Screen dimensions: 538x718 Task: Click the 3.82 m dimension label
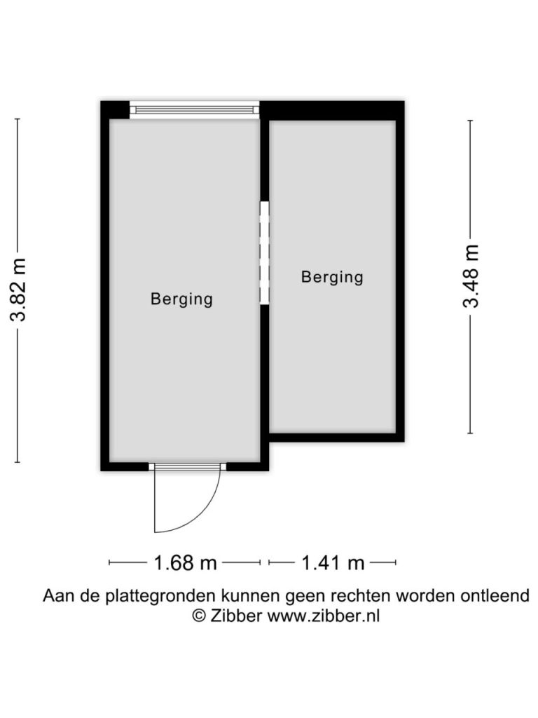pos(19,290)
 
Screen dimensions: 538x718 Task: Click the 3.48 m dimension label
pos(471,276)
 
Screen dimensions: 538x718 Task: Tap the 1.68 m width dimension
pos(185,562)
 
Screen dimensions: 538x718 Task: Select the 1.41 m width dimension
pos(333,562)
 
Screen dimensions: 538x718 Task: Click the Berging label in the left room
pos(181,299)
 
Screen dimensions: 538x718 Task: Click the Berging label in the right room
pos(332,277)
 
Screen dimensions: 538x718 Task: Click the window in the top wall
pos(195,110)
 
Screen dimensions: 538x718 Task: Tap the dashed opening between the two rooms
pos(264,252)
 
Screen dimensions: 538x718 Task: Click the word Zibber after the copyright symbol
pos(236,616)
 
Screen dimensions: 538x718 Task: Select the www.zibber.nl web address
pos(324,616)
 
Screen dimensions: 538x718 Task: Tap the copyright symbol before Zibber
pos(199,616)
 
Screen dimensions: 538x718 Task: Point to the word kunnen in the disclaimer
pos(251,595)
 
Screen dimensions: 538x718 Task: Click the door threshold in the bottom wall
pos(188,466)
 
